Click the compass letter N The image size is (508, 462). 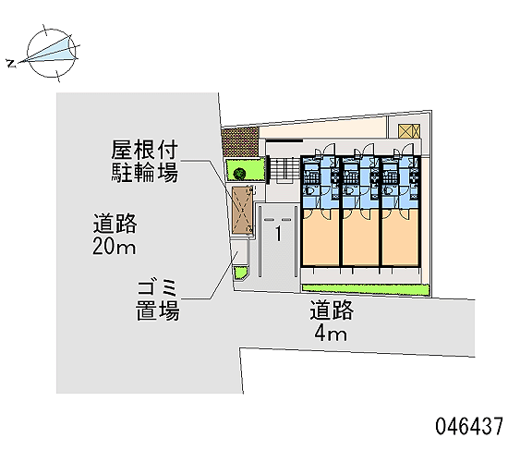tap(12, 64)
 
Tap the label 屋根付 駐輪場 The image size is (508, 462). tap(144, 161)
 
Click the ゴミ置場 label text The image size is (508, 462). tap(157, 301)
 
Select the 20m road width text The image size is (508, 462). tap(115, 247)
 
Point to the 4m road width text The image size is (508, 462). tap(331, 334)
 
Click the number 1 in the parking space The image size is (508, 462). tap(278, 234)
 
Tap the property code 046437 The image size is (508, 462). tap(469, 426)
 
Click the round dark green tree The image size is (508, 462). tap(239, 174)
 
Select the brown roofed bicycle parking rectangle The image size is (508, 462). tap(242, 210)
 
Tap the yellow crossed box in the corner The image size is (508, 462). tap(409, 130)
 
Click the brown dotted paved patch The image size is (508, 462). tap(240, 141)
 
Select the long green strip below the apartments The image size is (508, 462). tap(366, 290)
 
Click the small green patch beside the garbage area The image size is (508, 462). tap(241, 273)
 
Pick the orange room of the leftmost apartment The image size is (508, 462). tap(321, 237)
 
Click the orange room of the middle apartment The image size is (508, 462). tap(360, 237)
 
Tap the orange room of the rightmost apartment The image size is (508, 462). tap(401, 237)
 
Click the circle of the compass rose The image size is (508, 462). tap(52, 53)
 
